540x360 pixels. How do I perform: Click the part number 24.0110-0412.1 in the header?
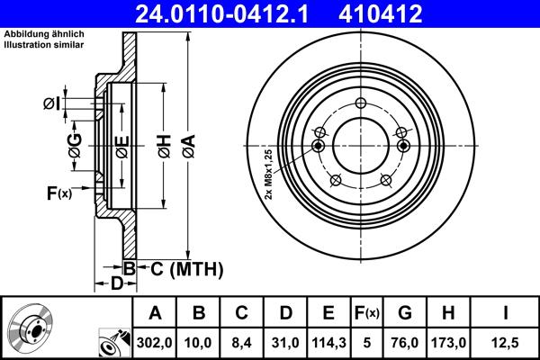pyautogui.click(x=224, y=13)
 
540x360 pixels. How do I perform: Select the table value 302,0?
pyautogui.click(x=155, y=342)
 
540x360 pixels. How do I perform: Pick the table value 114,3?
pyautogui.click(x=328, y=342)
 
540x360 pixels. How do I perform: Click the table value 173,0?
pyautogui.click(x=448, y=342)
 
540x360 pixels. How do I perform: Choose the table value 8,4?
pyautogui.click(x=241, y=342)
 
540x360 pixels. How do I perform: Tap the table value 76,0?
pyautogui.click(x=405, y=342)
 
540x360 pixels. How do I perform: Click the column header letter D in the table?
pyautogui.click(x=284, y=313)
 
